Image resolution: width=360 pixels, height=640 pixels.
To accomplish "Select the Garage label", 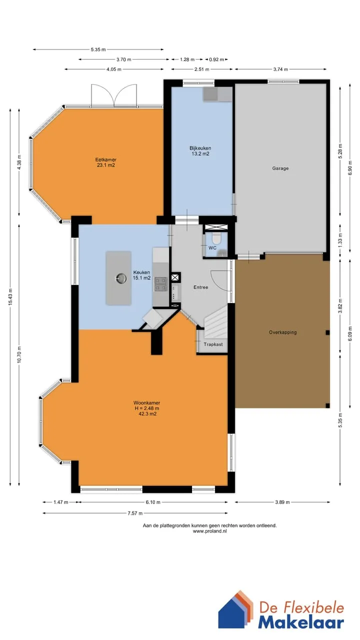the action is (x=280, y=168).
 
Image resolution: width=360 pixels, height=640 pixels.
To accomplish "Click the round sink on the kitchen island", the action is (x=121, y=278).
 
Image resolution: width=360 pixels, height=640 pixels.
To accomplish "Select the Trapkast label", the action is (x=213, y=344).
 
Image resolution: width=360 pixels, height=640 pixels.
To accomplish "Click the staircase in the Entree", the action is (x=215, y=321).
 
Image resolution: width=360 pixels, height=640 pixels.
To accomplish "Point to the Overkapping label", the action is (x=283, y=332).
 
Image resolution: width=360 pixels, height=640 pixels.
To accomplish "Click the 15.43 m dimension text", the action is (x=10, y=296).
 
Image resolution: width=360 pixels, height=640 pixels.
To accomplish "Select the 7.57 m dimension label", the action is (x=135, y=513).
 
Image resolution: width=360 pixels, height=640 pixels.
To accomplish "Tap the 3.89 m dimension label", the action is (x=282, y=502).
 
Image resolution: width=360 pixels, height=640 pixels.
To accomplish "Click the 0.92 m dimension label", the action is (x=216, y=59).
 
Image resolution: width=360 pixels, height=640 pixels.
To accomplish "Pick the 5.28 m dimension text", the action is (x=340, y=151).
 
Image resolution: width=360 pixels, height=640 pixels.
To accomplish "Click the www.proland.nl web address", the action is (x=209, y=531).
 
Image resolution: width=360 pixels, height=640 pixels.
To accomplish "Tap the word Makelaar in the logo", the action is (x=301, y=623).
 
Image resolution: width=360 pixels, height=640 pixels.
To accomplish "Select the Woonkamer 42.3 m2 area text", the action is (x=147, y=413).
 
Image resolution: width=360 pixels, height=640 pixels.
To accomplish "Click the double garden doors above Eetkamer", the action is (x=114, y=95).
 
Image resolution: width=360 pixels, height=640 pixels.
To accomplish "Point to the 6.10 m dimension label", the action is (x=153, y=502).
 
